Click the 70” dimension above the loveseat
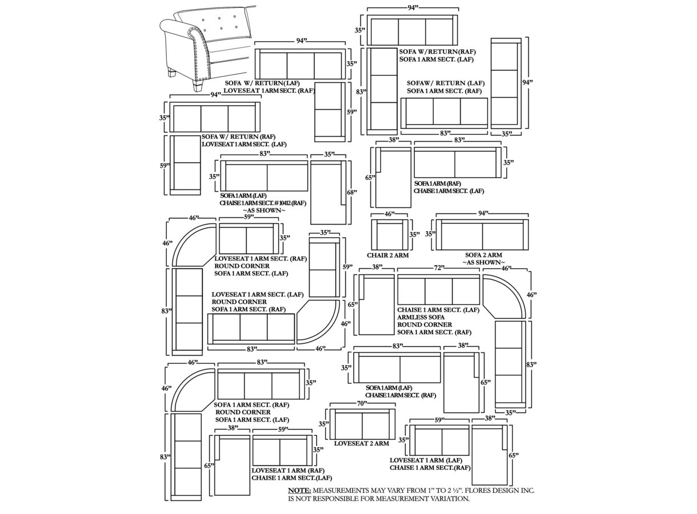(362, 404)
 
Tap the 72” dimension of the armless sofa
(438, 268)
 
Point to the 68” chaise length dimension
(352, 192)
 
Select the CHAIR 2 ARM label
(388, 255)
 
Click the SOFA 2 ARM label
(483, 255)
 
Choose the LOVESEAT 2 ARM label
(362, 443)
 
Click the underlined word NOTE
(299, 491)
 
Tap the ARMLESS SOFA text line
(420, 318)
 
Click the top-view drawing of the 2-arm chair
(390, 235)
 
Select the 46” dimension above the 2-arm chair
(390, 214)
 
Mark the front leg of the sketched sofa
(197, 85)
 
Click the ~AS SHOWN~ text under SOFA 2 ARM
(483, 262)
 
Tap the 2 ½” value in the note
(452, 491)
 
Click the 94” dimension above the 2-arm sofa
(482, 213)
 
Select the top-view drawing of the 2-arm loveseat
(362, 424)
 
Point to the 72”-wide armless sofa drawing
(438, 290)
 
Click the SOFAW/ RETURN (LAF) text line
(446, 83)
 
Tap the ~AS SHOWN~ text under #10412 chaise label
(264, 211)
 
